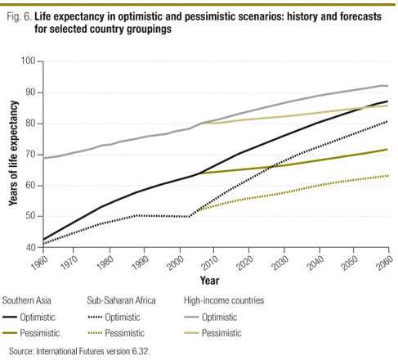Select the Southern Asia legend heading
click(x=29, y=299)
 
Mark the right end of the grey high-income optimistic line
click(x=387, y=86)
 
